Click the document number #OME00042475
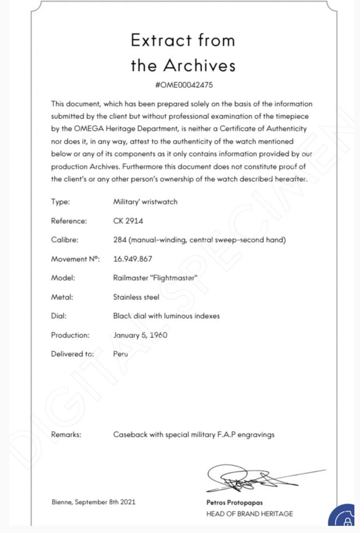tap(184, 85)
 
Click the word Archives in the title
tap(199, 65)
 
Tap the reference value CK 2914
tap(128, 221)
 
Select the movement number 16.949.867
tap(132, 259)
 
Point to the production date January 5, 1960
tap(140, 335)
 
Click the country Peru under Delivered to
tap(120, 354)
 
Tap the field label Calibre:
tap(64, 240)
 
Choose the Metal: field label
tap(62, 297)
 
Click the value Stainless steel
tap(136, 297)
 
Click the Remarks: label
tap(66, 434)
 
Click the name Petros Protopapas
tap(234, 503)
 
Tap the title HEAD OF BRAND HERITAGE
tap(249, 514)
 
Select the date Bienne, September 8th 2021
tap(93, 502)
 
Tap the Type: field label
tap(60, 202)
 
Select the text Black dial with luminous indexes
tap(166, 316)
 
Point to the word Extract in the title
tap(161, 40)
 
